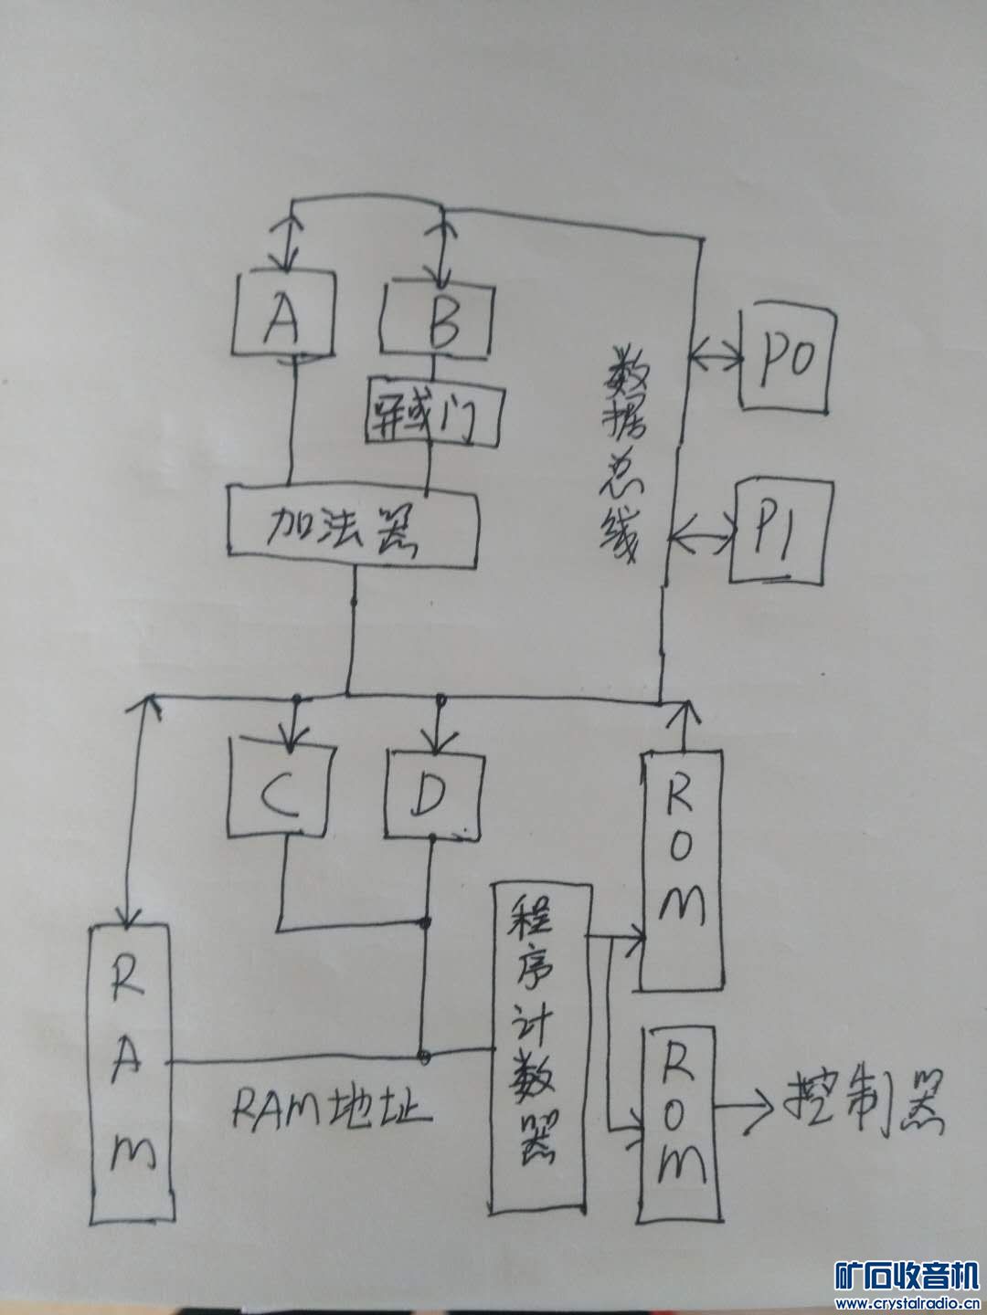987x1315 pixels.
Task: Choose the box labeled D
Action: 429,791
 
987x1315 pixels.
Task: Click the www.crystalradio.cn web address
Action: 907,1302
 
